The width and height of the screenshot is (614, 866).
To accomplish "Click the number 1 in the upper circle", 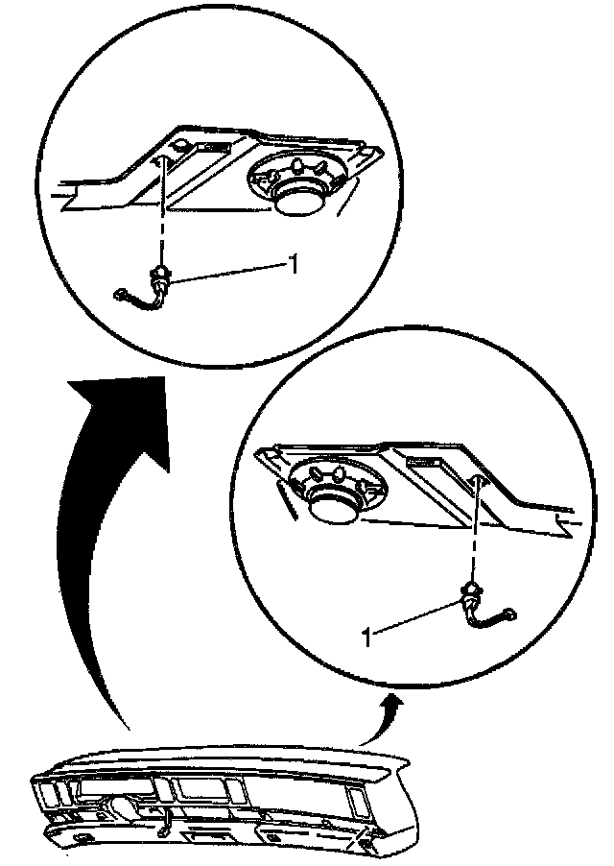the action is click(x=294, y=265).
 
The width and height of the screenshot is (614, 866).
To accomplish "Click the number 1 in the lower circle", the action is click(x=366, y=637).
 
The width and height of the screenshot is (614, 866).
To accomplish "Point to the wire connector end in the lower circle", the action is click(x=510, y=613).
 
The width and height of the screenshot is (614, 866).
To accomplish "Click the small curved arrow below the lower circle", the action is click(x=381, y=721).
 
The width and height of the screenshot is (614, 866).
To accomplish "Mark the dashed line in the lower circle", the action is click(x=475, y=529).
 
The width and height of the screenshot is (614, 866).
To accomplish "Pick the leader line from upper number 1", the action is click(x=227, y=274).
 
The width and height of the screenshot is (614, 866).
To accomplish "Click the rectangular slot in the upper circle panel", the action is click(x=207, y=149).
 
